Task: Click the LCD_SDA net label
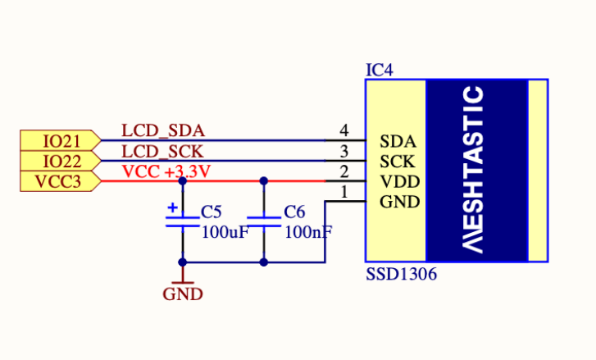coord(163,130)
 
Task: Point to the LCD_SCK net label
coord(162,151)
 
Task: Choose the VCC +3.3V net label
coord(166,171)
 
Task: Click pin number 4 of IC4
coord(344,130)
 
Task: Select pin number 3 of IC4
coord(344,151)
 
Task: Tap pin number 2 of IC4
coord(344,171)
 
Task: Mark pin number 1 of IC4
coord(344,192)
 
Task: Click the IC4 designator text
coord(379,71)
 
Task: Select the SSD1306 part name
coord(401,275)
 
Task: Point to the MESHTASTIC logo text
coord(475,170)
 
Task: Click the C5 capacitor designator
coord(212,212)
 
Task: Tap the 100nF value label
coord(308,232)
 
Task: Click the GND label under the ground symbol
coord(182,294)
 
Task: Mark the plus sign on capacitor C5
coord(172,208)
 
